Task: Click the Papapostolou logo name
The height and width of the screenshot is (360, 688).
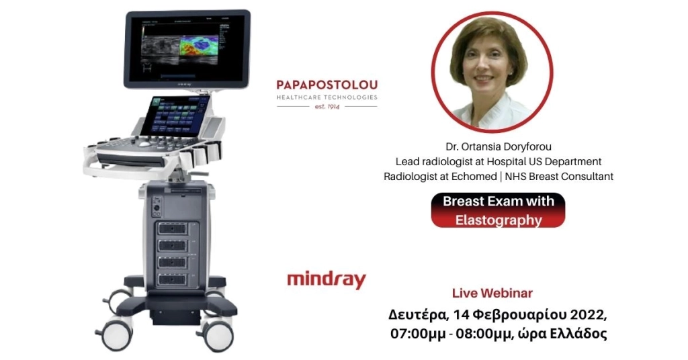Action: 327,85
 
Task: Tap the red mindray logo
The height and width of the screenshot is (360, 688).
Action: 326,279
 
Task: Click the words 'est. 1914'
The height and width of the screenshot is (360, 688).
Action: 327,107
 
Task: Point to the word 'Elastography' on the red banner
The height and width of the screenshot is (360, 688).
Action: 497,219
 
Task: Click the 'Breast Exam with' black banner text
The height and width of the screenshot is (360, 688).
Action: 498,201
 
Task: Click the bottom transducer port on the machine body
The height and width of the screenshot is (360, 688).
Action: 173,277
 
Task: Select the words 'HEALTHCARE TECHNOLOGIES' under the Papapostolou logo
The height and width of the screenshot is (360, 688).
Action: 327,97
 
